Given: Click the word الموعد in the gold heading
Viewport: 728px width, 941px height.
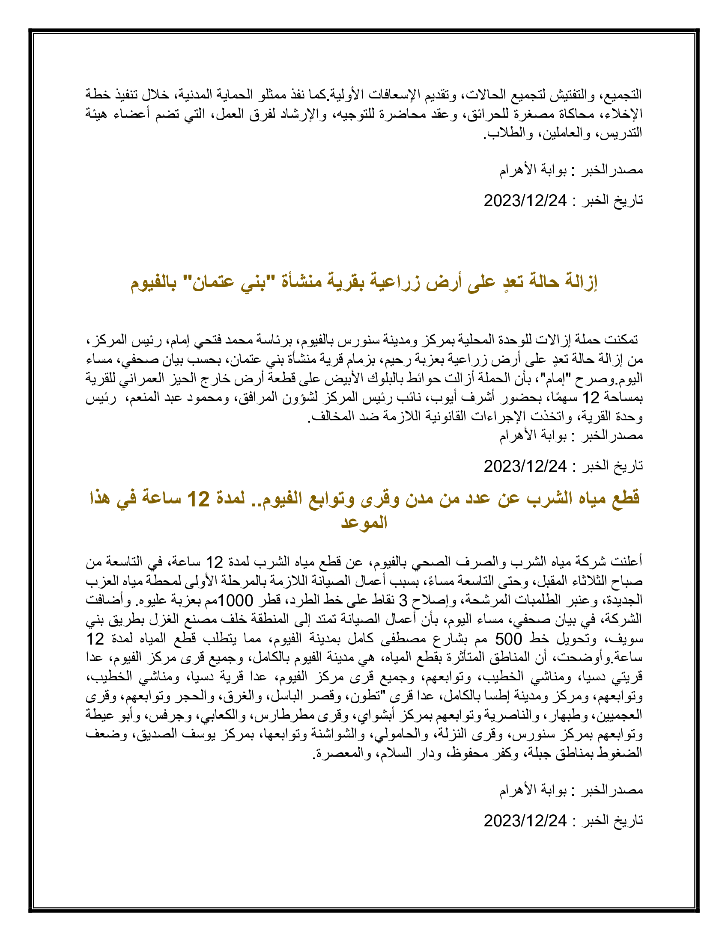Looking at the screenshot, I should click(x=364, y=523).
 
